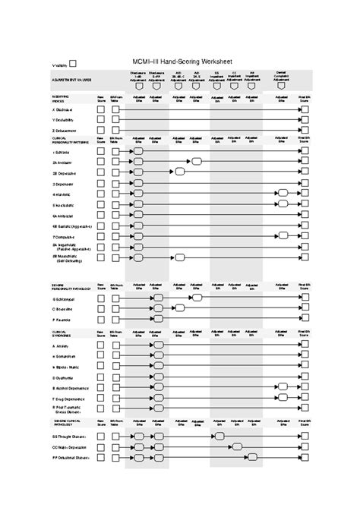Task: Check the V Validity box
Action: click(72, 64)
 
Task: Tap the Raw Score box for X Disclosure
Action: click(100, 109)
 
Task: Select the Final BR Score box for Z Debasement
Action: click(305, 131)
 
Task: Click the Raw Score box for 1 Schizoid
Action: click(100, 151)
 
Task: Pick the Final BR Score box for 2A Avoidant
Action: click(305, 162)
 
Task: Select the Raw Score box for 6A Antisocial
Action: click(100, 215)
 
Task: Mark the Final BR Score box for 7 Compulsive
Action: click(305, 236)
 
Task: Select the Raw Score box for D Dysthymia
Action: click(100, 377)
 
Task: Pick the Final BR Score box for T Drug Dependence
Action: click(305, 398)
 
